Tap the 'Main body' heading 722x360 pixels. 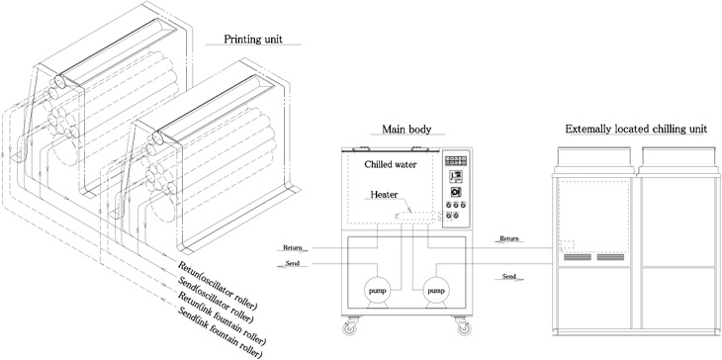point(404,129)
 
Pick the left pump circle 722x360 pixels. point(375,291)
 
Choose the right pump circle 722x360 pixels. point(434,291)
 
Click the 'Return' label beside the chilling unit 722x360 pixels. point(508,238)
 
